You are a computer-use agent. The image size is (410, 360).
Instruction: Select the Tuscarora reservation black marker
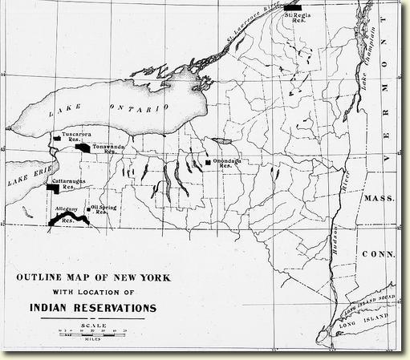pyautogui.click(x=57, y=139)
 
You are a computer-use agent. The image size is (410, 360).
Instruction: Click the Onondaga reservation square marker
pyautogui.click(x=208, y=162)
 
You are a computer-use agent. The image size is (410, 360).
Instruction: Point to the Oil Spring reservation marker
pyautogui.click(x=90, y=205)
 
